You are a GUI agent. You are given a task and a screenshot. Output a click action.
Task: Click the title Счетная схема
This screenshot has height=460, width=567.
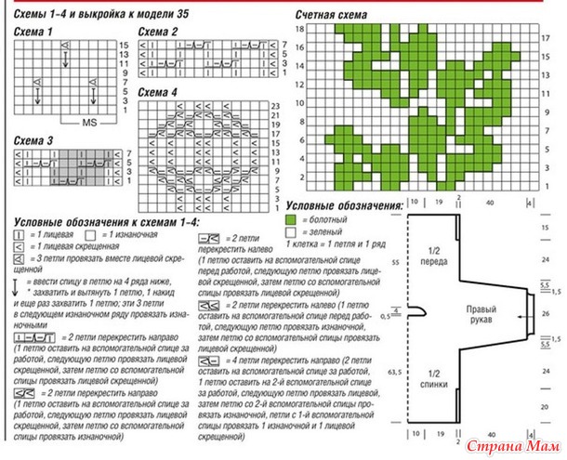(x=331, y=17)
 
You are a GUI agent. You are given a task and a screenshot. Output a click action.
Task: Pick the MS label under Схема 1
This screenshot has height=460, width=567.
(x=89, y=122)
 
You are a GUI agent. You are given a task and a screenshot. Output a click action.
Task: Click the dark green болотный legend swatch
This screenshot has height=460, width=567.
(x=292, y=217)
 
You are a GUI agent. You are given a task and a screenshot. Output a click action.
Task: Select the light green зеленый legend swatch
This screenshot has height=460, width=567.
(x=292, y=230)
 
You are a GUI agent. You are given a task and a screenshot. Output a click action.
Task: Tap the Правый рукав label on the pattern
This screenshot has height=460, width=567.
(x=480, y=315)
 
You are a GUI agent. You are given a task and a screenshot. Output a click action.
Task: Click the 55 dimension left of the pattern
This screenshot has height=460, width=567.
(x=395, y=264)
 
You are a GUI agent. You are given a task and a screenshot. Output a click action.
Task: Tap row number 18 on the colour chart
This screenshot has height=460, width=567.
(x=299, y=30)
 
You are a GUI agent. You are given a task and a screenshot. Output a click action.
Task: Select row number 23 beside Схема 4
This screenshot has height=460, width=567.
(x=275, y=108)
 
